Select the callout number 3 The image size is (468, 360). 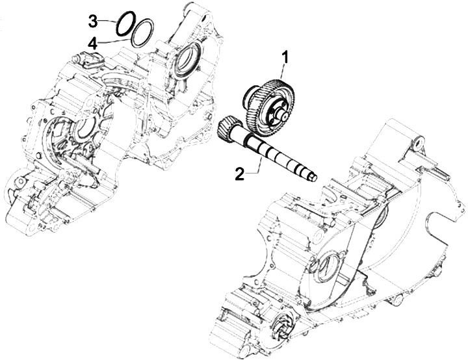[93, 21]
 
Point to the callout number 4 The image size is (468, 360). [93, 44]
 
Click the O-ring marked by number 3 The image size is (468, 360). [126, 21]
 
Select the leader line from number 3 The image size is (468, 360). [108, 22]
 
